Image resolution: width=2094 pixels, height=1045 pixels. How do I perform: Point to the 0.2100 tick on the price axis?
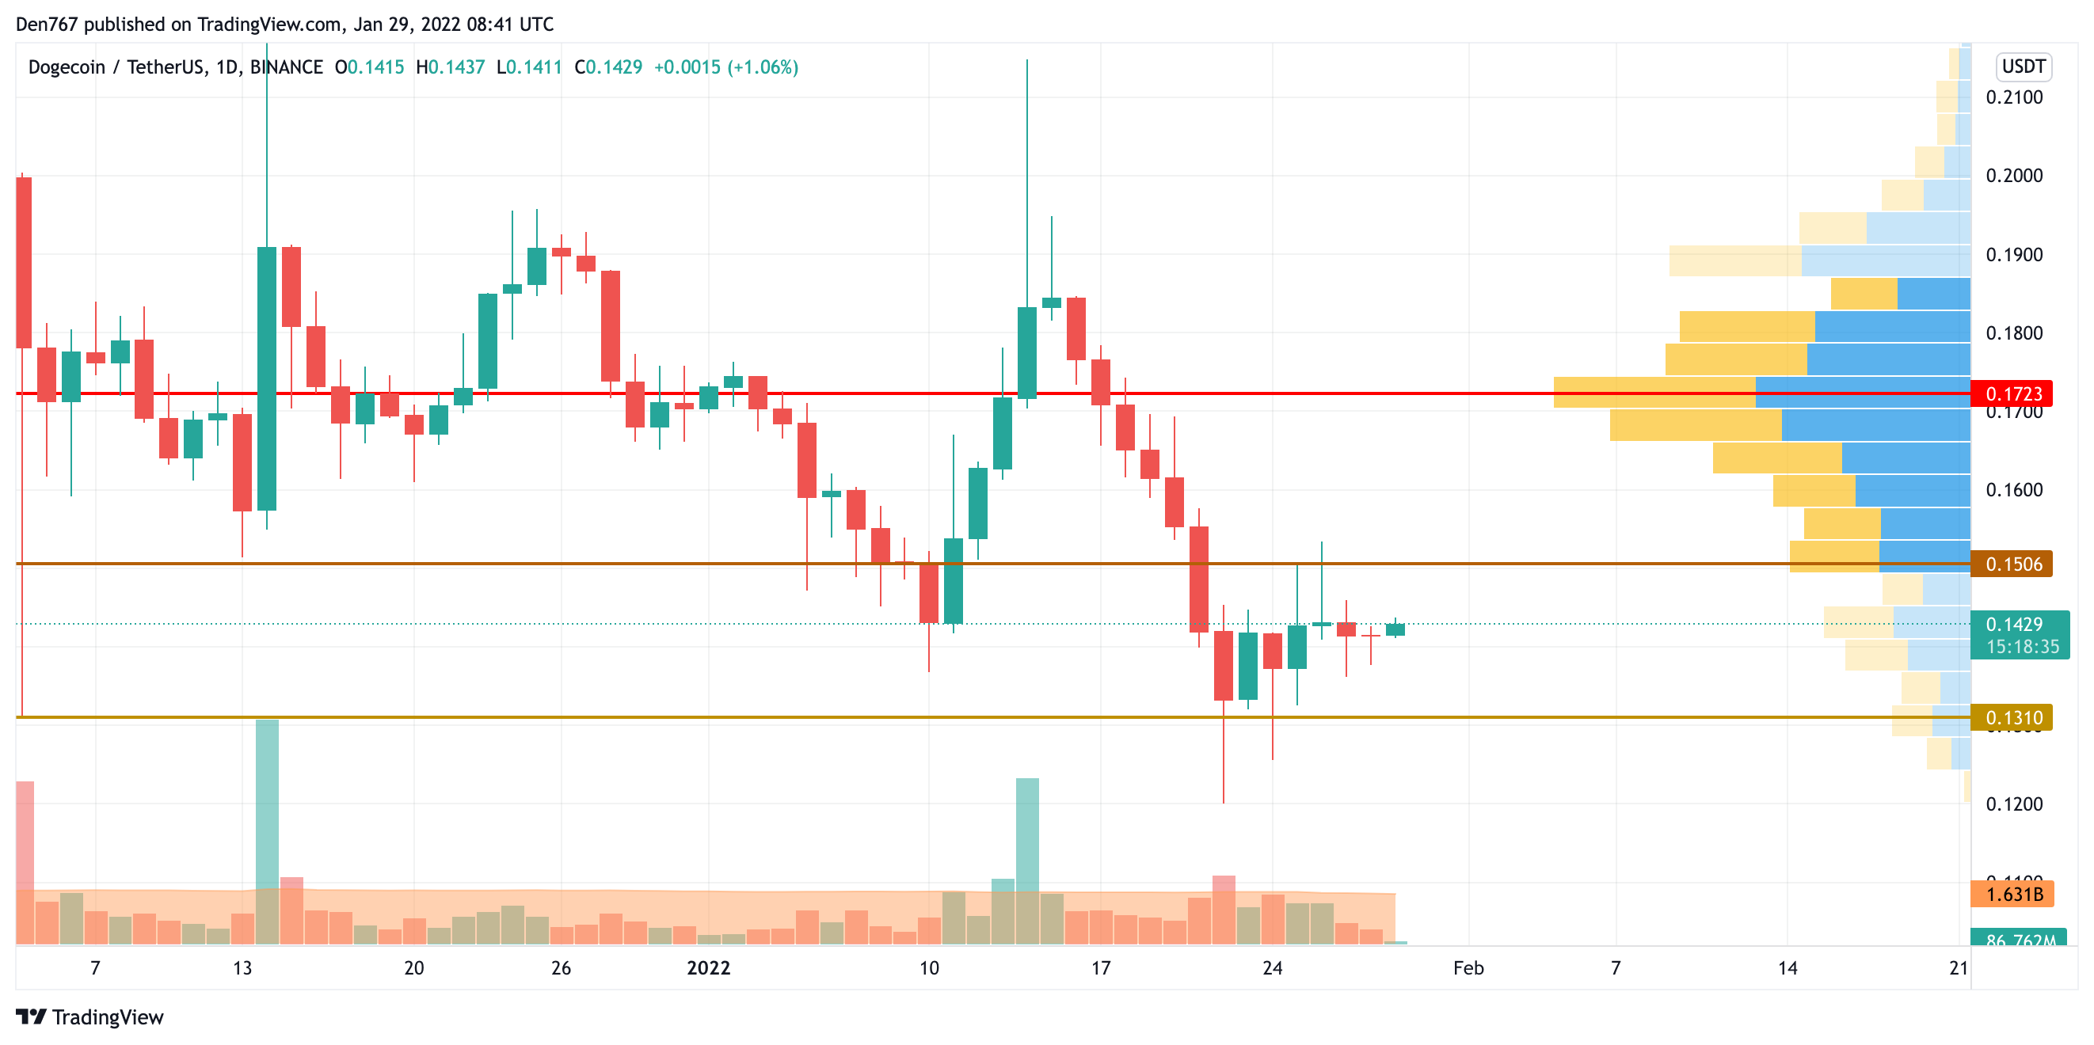tap(2013, 97)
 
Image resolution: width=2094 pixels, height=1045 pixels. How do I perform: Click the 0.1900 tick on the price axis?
tap(2013, 254)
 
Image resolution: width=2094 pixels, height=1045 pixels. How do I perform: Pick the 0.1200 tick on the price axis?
tap(2013, 804)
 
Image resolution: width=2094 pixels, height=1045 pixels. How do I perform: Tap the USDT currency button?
tap(2023, 66)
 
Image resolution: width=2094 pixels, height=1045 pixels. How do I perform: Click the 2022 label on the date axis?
tap(708, 967)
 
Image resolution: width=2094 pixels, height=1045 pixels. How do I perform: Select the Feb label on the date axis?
tap(1468, 967)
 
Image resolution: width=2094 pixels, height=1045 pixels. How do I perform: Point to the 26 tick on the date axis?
tap(561, 967)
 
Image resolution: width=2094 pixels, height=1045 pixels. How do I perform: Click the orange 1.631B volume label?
tap(2012, 894)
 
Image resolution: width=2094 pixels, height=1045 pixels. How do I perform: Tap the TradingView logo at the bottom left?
tap(89, 1017)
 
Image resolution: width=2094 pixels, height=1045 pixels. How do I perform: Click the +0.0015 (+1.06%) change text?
tap(726, 67)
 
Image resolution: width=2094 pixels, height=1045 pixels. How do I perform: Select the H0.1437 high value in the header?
tap(450, 67)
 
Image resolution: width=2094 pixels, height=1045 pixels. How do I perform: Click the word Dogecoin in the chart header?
tap(67, 67)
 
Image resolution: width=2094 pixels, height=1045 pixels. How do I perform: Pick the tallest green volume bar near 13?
tap(267, 829)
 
